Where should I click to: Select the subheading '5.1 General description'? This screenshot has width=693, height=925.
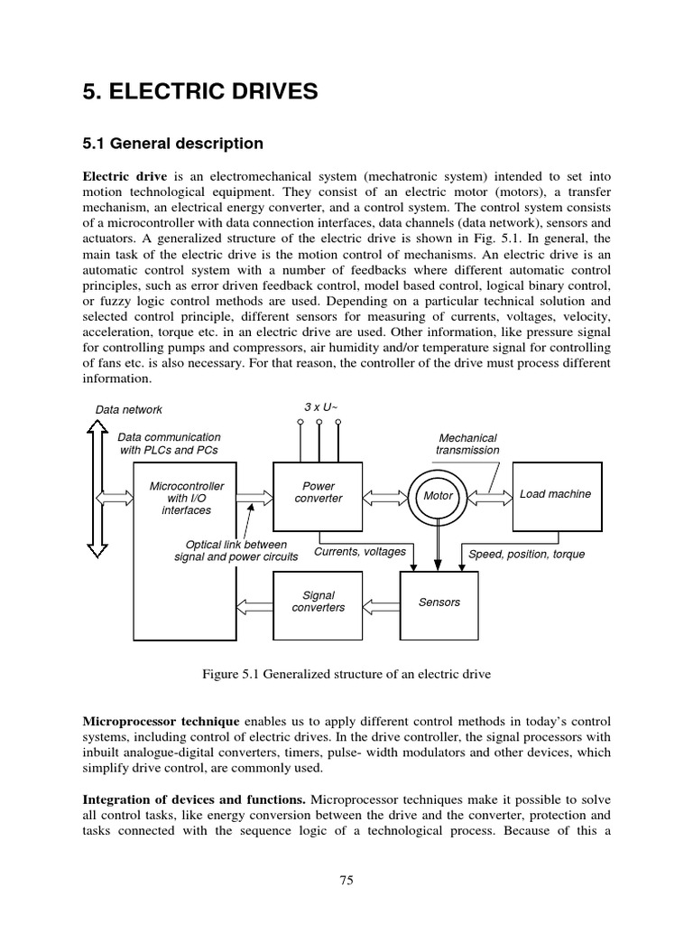[x=172, y=144]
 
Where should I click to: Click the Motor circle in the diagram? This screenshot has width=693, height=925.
[x=438, y=496]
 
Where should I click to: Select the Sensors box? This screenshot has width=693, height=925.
[x=439, y=602]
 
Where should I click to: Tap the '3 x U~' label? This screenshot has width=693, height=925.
[x=320, y=408]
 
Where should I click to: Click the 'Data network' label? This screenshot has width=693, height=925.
[x=129, y=409]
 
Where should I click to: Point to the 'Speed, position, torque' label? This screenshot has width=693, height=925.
[x=526, y=554]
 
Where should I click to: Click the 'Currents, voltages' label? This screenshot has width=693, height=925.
[x=359, y=551]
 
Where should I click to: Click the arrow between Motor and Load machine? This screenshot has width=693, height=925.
[x=489, y=496]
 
